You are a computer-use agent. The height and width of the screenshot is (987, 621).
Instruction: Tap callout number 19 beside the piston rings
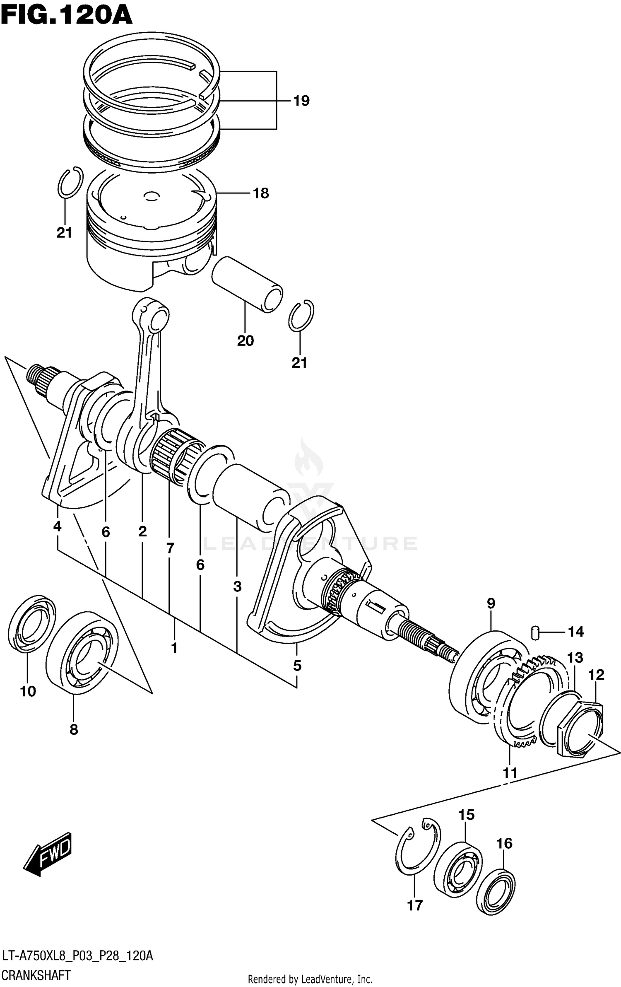pyautogui.click(x=301, y=101)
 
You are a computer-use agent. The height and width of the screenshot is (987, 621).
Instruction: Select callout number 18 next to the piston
pyautogui.click(x=261, y=193)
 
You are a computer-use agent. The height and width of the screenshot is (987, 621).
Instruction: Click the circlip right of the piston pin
pyautogui.click(x=301, y=315)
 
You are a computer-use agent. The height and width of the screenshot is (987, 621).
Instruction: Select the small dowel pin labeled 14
pyautogui.click(x=535, y=633)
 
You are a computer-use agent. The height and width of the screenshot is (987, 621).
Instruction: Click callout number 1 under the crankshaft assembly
pyautogui.click(x=174, y=648)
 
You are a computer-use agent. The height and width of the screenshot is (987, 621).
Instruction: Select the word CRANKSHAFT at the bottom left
pyautogui.click(x=36, y=975)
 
